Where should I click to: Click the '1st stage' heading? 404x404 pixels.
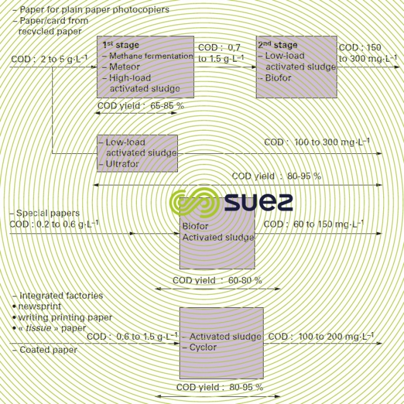click(x=117, y=45)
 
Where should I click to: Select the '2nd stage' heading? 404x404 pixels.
click(x=278, y=45)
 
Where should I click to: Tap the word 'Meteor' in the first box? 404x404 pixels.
click(x=124, y=67)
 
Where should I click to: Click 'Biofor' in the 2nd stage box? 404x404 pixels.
click(x=278, y=77)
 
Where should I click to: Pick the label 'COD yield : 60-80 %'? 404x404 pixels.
click(x=217, y=280)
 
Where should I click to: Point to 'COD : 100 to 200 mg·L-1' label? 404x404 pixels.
click(x=321, y=336)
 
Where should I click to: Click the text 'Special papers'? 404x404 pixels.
click(x=48, y=213)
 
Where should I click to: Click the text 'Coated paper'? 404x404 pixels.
click(x=48, y=350)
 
